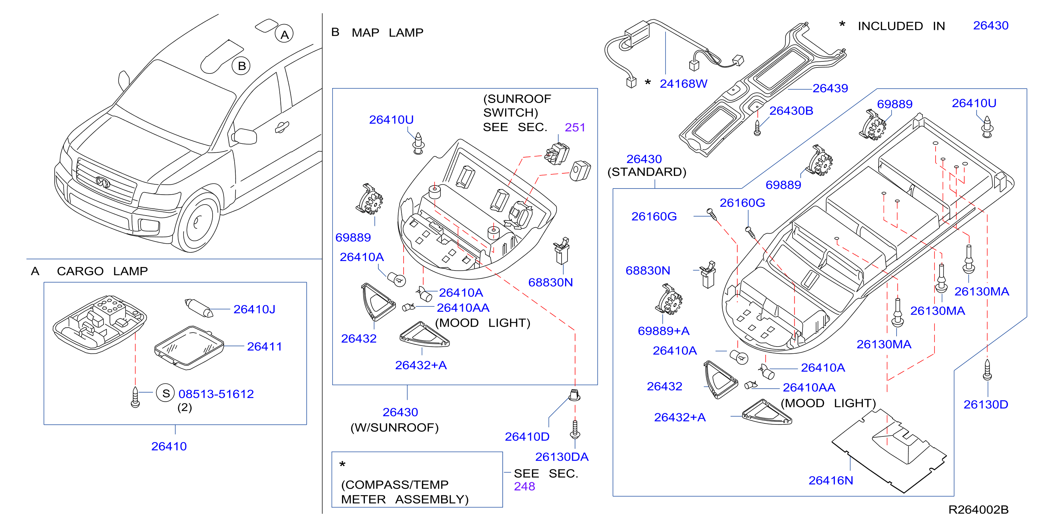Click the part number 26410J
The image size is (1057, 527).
tap(254, 309)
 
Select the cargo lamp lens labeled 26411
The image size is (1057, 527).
tap(189, 347)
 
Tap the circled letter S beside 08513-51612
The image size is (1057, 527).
tap(166, 393)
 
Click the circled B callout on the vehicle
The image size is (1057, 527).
tap(241, 66)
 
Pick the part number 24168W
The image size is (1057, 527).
tap(683, 84)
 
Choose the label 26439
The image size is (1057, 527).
tap(830, 88)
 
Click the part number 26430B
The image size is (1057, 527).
tap(791, 111)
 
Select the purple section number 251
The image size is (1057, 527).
tap(575, 127)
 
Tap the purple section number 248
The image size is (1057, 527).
tap(524, 487)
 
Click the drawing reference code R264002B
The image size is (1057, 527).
tap(978, 509)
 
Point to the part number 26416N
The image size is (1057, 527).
tap(831, 480)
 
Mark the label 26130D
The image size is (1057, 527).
tap(986, 405)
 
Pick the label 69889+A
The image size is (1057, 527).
tap(663, 331)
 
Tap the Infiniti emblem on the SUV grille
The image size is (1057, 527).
tap(103, 182)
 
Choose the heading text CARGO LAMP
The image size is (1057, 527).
tap(102, 271)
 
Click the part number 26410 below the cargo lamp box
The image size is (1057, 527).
tap(169, 446)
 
